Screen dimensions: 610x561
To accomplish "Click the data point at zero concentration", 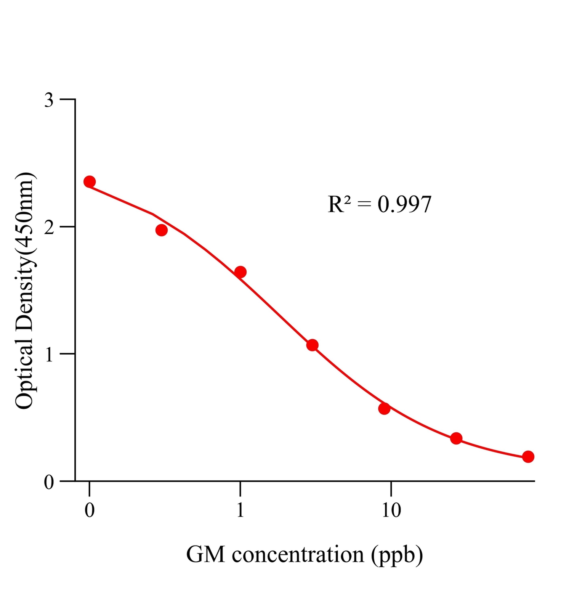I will click(x=90, y=181).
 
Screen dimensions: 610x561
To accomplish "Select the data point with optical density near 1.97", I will click(x=162, y=230).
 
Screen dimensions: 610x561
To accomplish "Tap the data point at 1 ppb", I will click(x=240, y=272).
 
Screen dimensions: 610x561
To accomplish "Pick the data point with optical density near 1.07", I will click(x=313, y=345).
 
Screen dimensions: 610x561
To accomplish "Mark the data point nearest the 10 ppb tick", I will click(x=384, y=408).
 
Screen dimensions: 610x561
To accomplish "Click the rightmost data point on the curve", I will click(x=528, y=456).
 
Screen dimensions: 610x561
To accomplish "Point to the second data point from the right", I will click(x=456, y=438).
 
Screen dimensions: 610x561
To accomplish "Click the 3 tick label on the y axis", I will click(x=49, y=100).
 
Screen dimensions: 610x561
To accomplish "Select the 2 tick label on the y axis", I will click(x=49, y=228).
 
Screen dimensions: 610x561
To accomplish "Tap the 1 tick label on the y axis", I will click(x=49, y=355).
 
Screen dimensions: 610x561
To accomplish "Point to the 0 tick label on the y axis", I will click(x=49, y=482).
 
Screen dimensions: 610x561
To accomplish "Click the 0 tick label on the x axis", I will click(x=90, y=510).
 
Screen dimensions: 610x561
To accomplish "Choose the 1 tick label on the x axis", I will click(x=240, y=510).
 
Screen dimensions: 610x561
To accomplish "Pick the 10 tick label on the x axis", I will click(x=391, y=510).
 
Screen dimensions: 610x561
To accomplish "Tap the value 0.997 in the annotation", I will click(x=404, y=204).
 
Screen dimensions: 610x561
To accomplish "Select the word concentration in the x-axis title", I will click(x=298, y=554).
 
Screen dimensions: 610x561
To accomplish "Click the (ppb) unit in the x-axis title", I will click(x=397, y=555).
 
